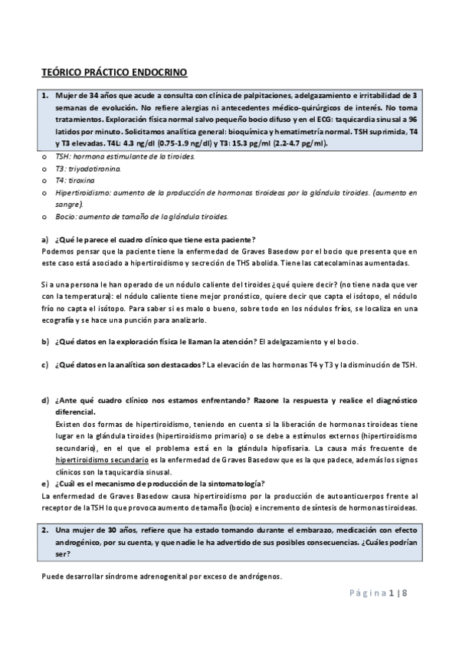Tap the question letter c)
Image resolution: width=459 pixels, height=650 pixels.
(x=44, y=364)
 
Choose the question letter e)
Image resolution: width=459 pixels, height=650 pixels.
(x=44, y=484)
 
